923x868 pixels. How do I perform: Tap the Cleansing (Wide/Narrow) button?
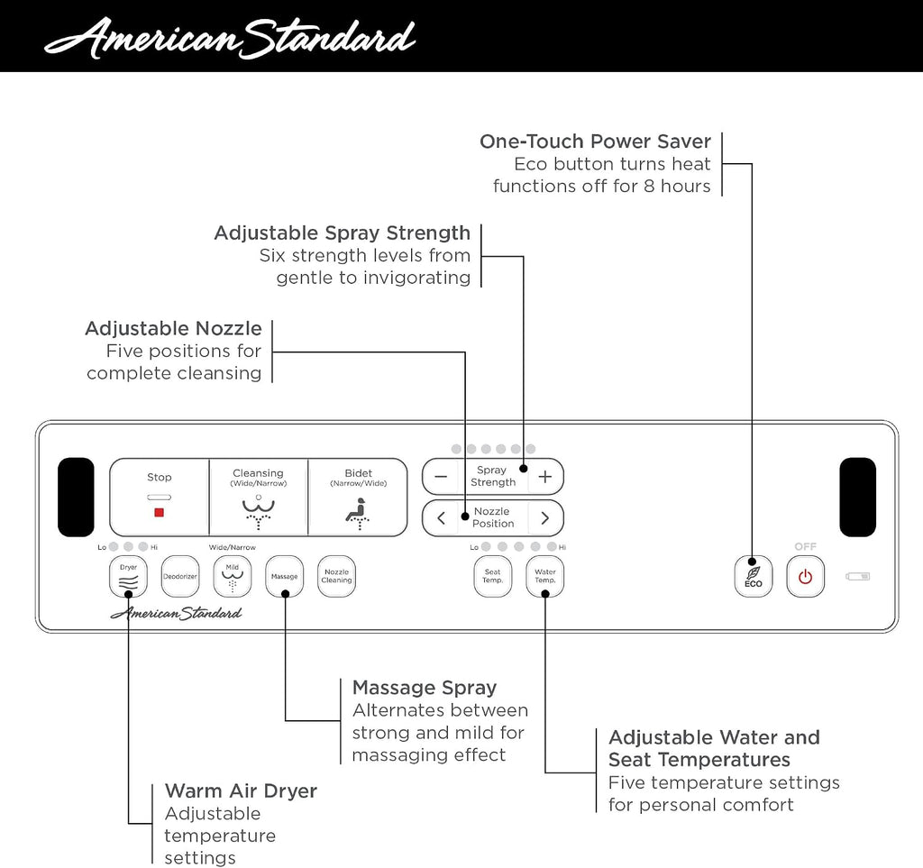coord(259,498)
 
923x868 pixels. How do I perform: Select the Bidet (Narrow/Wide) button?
coord(358,498)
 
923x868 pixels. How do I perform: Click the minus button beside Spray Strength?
coord(441,477)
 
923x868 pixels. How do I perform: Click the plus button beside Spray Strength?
coord(545,477)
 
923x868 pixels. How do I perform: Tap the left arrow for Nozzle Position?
coord(441,518)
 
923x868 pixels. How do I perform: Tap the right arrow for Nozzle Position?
coord(545,518)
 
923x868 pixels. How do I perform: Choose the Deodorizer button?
coord(180,576)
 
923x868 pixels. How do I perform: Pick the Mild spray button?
coord(233,576)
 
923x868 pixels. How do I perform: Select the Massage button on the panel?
coord(284,576)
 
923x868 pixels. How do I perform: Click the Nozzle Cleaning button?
coord(337,576)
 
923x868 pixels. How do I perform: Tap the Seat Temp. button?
coord(493,576)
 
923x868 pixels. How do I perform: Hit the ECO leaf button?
coord(754,576)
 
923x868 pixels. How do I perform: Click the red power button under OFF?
coord(805,576)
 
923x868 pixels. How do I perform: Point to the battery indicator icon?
coord(858,576)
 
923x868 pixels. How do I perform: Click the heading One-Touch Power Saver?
coord(595,142)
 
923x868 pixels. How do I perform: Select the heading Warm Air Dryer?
coord(241,790)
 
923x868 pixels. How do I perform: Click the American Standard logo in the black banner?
coord(230,38)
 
